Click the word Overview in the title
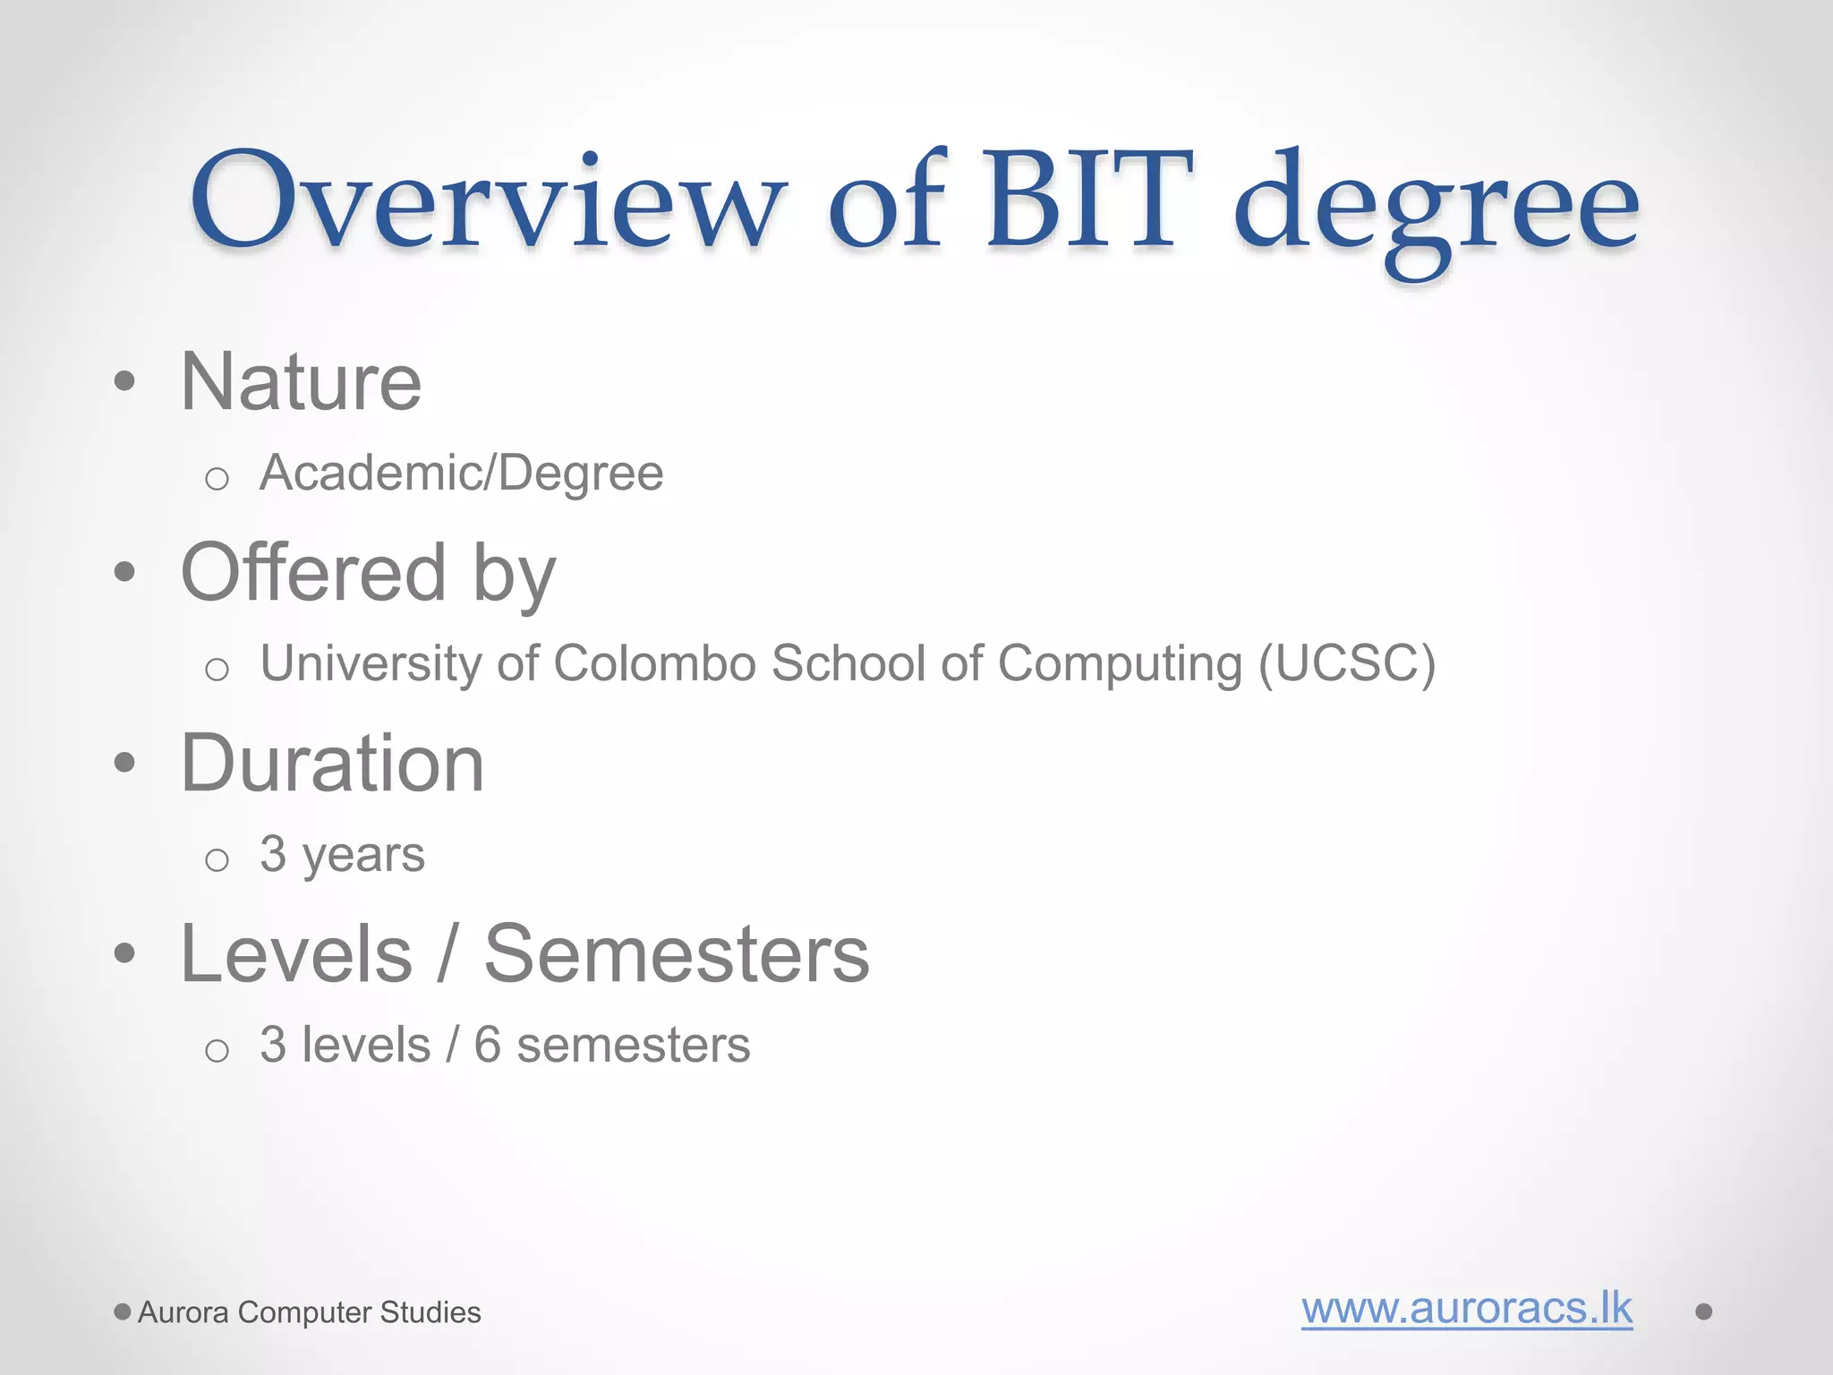click(x=488, y=201)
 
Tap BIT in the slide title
click(x=1089, y=201)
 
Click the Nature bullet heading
click(x=301, y=382)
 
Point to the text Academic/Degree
click(x=461, y=474)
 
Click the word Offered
click(x=313, y=572)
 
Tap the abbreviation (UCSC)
click(x=1346, y=664)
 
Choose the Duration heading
click(x=332, y=764)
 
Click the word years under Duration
click(x=363, y=856)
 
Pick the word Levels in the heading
click(x=296, y=954)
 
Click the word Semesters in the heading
click(x=677, y=954)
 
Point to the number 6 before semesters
click(x=487, y=1045)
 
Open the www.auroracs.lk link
click(x=1466, y=1309)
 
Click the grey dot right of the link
click(x=1703, y=1311)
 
